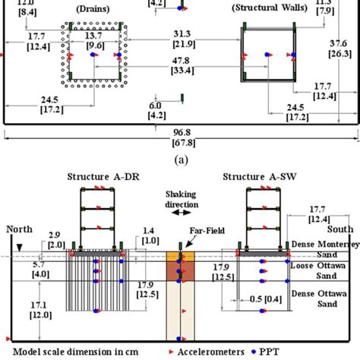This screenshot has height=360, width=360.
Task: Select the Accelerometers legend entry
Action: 242,352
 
